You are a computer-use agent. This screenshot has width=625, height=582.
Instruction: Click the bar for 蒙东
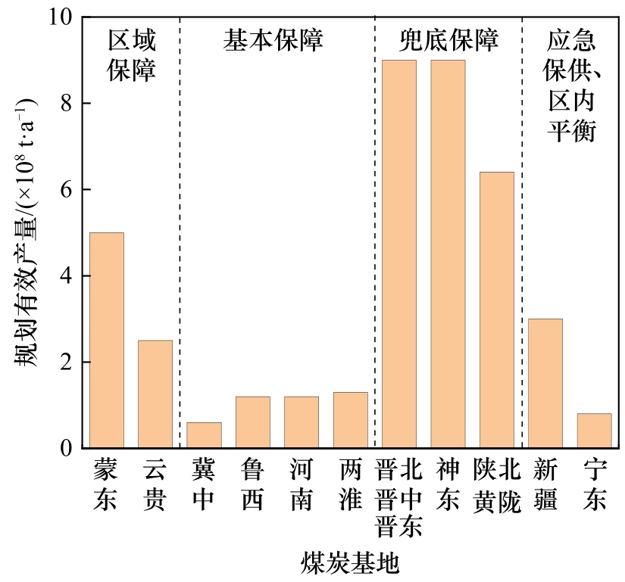(x=107, y=340)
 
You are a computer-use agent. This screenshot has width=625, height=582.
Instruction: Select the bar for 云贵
(x=155, y=394)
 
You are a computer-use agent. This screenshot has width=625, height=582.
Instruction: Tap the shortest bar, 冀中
(x=205, y=435)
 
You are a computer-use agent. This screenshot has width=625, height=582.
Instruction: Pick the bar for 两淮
(x=351, y=419)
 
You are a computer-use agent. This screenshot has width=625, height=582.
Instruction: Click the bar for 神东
(x=448, y=254)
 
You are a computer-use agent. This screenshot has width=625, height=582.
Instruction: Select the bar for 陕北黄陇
(x=497, y=310)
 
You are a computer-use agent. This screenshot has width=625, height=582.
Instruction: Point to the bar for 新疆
(x=545, y=383)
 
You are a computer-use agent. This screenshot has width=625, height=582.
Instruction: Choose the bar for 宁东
(x=594, y=431)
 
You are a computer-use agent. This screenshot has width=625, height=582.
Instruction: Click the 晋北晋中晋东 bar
(x=399, y=254)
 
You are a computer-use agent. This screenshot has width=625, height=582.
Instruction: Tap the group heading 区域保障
(x=131, y=55)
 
